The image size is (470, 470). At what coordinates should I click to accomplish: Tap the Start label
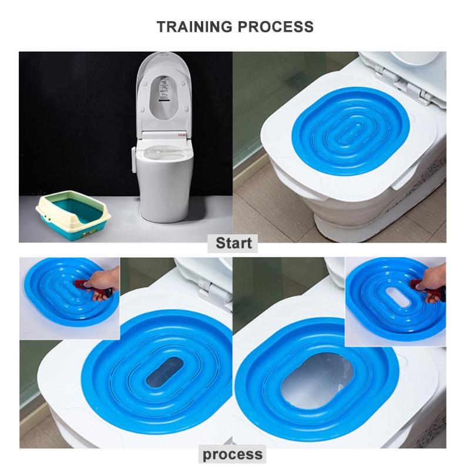(x=233, y=243)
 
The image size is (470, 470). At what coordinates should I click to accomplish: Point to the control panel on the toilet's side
(x=135, y=160)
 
